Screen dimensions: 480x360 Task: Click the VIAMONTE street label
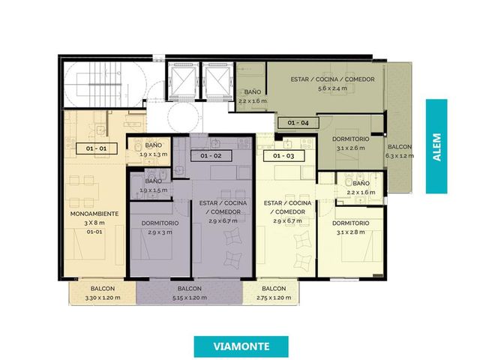click(x=241, y=346)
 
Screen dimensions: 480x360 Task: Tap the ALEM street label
click(x=436, y=147)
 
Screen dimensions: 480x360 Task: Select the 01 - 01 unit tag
click(x=97, y=148)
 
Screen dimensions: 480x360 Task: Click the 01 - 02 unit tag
click(x=211, y=156)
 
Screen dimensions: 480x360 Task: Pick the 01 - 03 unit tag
click(x=283, y=156)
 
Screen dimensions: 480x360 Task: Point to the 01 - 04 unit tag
click(x=298, y=123)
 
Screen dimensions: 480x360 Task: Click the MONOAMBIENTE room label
click(x=94, y=214)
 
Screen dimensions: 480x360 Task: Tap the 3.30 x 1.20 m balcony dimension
click(x=103, y=298)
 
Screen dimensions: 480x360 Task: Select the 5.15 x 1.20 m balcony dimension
click(x=189, y=298)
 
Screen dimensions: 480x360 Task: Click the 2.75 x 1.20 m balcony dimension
click(x=274, y=298)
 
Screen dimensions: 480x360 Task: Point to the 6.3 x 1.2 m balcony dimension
click(x=400, y=156)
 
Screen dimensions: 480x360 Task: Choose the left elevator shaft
click(x=183, y=82)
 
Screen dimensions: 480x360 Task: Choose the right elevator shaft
click(x=218, y=82)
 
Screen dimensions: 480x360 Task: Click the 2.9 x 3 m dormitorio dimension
click(x=160, y=232)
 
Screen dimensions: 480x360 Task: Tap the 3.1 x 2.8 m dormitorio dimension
click(x=350, y=232)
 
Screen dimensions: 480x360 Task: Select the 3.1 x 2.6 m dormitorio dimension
click(x=350, y=148)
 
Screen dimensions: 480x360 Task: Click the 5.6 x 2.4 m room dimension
click(x=332, y=88)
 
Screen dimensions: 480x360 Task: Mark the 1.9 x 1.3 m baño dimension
click(x=153, y=154)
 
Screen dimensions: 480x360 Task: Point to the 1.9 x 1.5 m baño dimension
click(x=153, y=190)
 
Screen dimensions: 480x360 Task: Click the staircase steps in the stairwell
click(x=104, y=83)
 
